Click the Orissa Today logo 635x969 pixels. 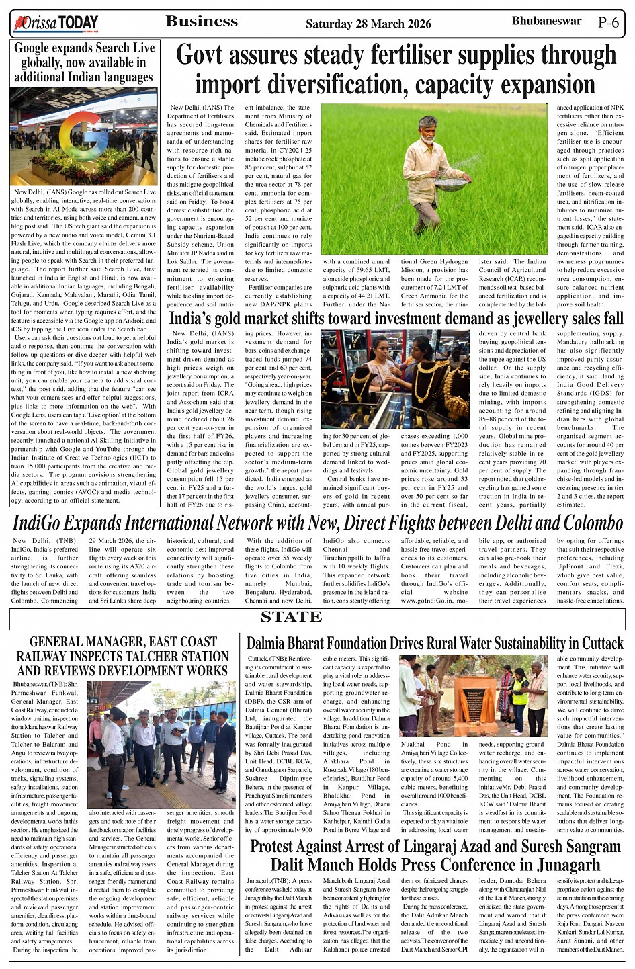click(x=56, y=24)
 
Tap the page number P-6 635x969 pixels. click(x=607, y=22)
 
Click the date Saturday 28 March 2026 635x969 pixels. click(x=368, y=24)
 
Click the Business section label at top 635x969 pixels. click(x=202, y=22)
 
